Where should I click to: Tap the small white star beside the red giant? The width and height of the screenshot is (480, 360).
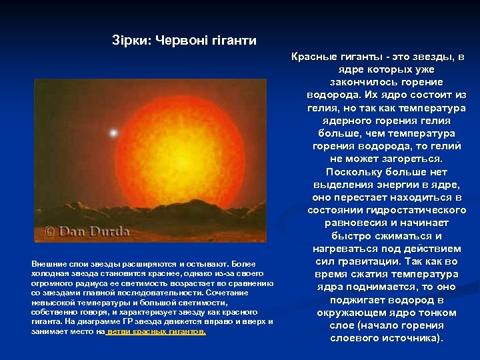pos(113,133)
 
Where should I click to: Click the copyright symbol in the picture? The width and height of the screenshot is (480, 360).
pos(49,231)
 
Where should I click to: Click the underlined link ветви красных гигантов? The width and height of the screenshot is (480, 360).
pos(157,331)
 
